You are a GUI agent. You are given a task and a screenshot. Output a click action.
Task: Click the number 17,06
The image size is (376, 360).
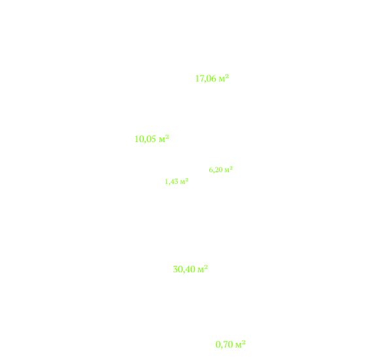pyautogui.click(x=206, y=79)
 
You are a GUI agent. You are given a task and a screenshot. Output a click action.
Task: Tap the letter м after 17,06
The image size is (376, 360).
pyautogui.click(x=222, y=79)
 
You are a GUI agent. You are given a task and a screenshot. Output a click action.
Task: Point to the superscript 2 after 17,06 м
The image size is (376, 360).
pyautogui.click(x=227, y=77)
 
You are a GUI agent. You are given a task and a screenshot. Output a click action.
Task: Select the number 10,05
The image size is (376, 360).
pyautogui.click(x=145, y=139)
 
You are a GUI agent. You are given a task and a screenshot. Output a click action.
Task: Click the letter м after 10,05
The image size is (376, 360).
pyautogui.click(x=162, y=140)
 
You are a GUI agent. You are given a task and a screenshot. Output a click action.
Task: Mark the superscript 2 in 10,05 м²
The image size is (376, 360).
pyautogui.click(x=167, y=137)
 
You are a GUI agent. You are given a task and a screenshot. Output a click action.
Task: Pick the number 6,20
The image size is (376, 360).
pyautogui.click(x=216, y=170)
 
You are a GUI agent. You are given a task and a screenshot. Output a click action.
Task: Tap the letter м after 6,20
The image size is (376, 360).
pyautogui.click(x=227, y=171)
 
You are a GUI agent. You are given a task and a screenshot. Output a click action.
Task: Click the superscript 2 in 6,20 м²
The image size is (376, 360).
pyautogui.click(x=231, y=168)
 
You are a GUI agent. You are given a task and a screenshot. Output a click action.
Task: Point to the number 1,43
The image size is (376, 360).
pyautogui.click(x=172, y=182)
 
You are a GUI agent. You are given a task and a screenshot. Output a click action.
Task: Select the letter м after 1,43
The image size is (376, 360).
pyautogui.click(x=182, y=183)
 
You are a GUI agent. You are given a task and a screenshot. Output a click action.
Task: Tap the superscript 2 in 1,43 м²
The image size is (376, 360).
pyautogui.click(x=187, y=180)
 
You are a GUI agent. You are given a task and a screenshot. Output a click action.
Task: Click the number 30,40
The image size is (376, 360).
pyautogui.click(x=184, y=269)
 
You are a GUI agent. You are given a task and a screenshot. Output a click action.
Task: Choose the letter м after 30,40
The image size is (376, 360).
pyautogui.click(x=201, y=270)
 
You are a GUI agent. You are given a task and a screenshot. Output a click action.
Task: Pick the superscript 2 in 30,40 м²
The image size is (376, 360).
pyautogui.click(x=206, y=267)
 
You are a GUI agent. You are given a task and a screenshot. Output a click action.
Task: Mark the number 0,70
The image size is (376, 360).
pyautogui.click(x=224, y=345)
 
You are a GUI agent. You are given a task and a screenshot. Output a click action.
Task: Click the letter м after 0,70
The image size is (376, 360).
pyautogui.click(x=239, y=346)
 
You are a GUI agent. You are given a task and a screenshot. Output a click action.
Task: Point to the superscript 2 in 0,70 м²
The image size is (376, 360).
pyautogui.click(x=244, y=342)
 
